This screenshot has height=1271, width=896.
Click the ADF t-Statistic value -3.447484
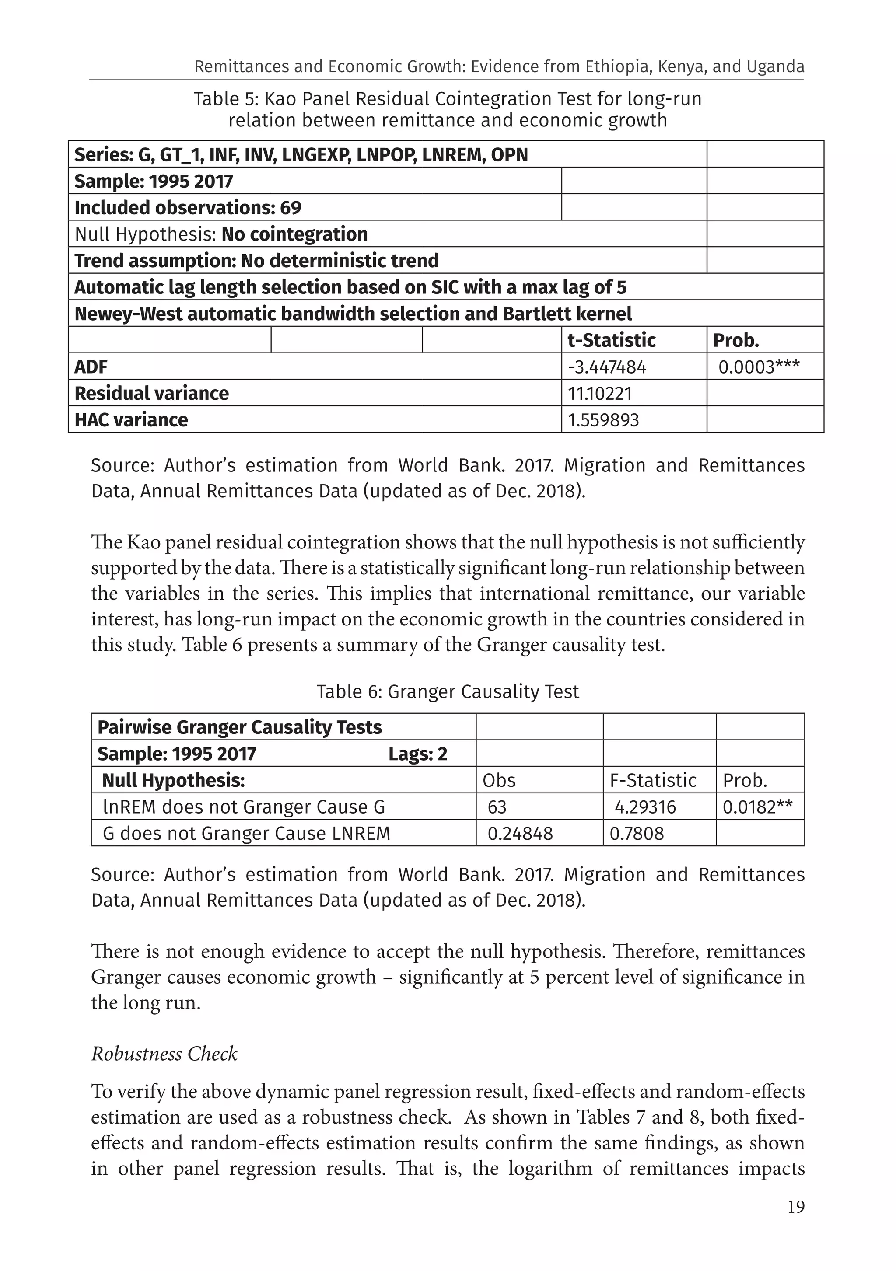pos(607,367)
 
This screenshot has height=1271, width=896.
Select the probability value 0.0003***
pos(759,367)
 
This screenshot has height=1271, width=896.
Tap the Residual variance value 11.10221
pos(599,394)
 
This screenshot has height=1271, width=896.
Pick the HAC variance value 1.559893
pos(603,420)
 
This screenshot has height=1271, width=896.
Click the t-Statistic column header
pos(611,340)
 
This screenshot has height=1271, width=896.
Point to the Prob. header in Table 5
pos(735,340)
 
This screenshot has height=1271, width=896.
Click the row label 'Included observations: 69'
pos(188,208)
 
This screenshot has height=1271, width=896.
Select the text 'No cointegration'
pos(294,234)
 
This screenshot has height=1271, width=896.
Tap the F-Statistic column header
pos(652,780)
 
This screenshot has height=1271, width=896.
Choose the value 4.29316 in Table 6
pos(645,807)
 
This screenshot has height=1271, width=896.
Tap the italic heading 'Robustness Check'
pos(164,1054)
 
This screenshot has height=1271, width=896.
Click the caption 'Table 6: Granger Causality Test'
pos(448,691)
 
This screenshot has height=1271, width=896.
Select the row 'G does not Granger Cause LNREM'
pos(246,833)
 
